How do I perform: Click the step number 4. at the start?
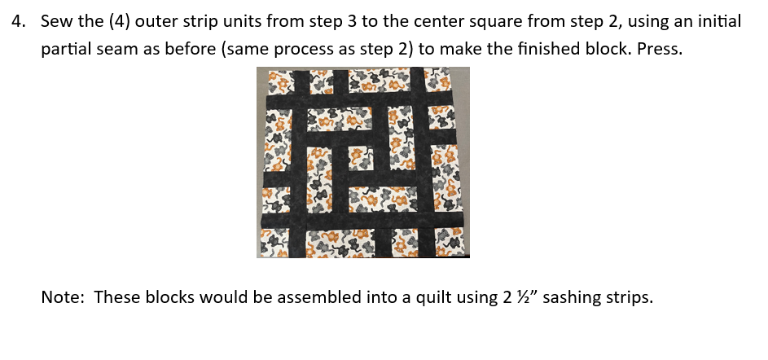tap(19, 22)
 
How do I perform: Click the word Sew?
tap(57, 22)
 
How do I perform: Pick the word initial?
tap(720, 22)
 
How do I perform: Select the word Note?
tap(64, 297)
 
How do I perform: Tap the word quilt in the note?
tap(433, 298)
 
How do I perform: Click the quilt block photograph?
tap(363, 162)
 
